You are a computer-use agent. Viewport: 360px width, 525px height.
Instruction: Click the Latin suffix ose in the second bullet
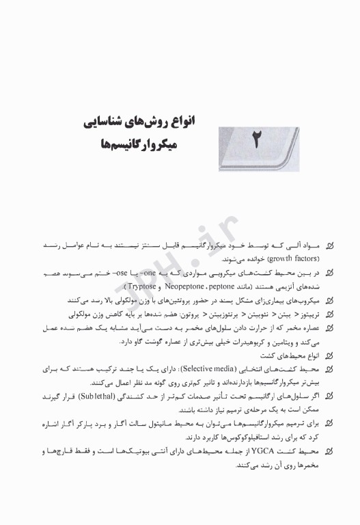coord(152,273)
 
